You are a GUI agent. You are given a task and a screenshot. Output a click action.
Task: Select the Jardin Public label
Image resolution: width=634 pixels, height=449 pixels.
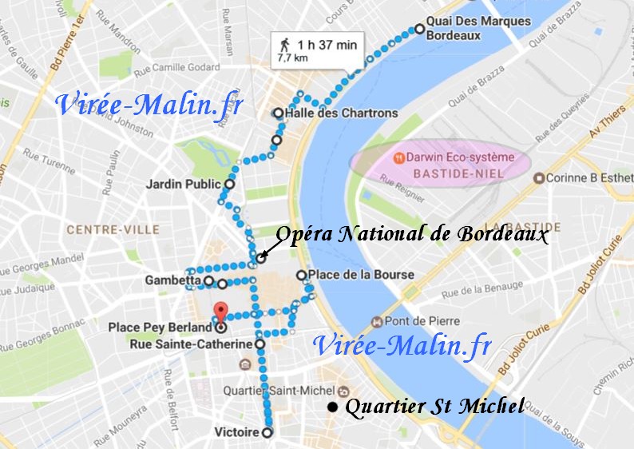pos(183,184)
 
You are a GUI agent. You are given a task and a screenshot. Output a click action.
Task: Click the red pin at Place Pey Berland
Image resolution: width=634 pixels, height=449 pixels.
pos(221,312)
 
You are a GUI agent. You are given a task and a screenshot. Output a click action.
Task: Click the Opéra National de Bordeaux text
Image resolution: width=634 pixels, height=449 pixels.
pos(412,235)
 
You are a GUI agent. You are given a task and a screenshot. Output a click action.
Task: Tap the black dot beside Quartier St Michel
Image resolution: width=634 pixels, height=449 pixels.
pos(332,407)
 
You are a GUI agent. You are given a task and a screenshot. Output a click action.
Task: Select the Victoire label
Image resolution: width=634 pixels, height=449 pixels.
pos(237,432)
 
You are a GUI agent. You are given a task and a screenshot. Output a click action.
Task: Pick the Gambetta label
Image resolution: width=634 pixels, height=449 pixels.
pos(172,280)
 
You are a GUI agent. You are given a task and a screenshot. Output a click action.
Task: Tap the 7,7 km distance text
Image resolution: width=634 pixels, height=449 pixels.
pos(292,58)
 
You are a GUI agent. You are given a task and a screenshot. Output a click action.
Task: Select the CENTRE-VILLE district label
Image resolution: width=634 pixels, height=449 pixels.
pos(113,229)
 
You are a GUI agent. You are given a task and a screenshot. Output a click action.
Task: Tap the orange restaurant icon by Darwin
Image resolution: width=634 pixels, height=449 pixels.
pos(397,157)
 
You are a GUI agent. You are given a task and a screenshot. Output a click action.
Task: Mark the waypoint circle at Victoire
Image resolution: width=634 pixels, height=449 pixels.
pos(267,432)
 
